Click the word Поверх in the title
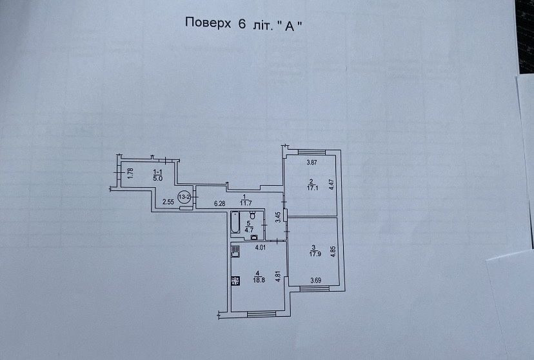[204, 23]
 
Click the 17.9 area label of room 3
[313, 253]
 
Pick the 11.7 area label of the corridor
[245, 203]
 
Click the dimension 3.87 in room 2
[313, 163]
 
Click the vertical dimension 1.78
[130, 173]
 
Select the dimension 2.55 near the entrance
[169, 203]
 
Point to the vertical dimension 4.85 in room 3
[333, 250]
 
